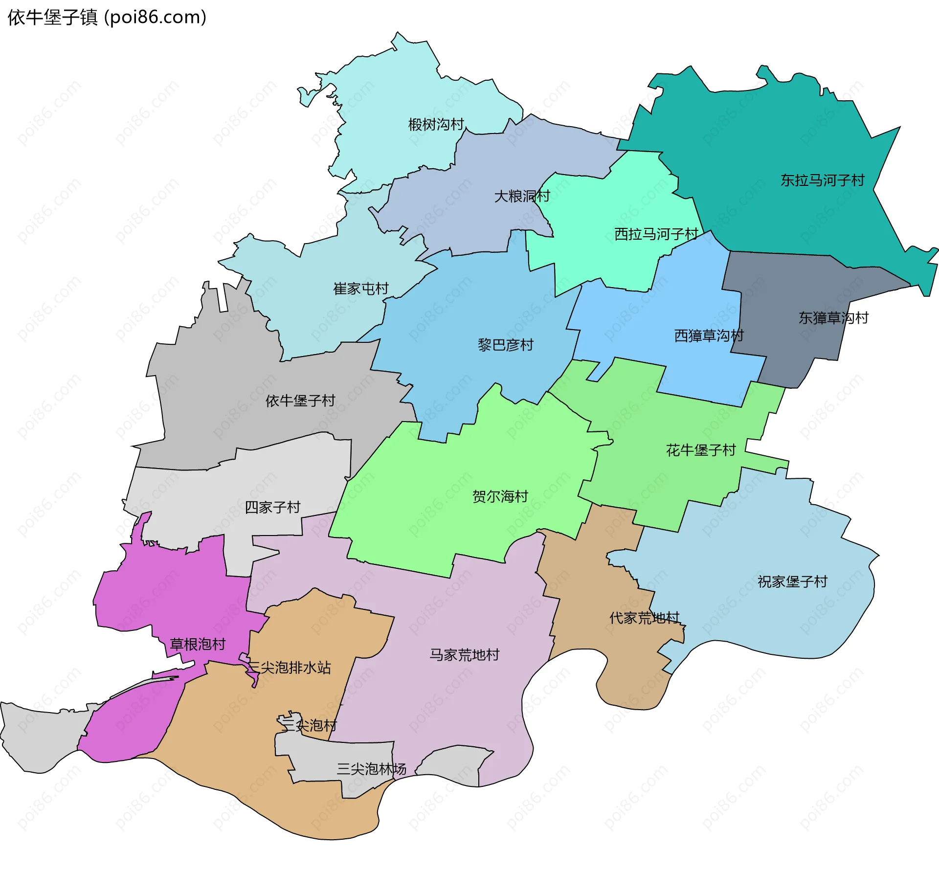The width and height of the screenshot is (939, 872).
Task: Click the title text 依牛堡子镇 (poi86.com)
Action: pyautogui.click(x=107, y=18)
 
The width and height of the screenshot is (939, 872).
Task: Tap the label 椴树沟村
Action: pyautogui.click(x=436, y=125)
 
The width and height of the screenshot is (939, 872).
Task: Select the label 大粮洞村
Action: pyautogui.click(x=522, y=197)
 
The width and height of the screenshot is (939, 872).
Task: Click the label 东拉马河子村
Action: pyautogui.click(x=822, y=180)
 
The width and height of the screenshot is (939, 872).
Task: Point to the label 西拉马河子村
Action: pyautogui.click(x=656, y=234)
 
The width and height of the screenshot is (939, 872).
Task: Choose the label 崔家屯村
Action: pyautogui.click(x=361, y=289)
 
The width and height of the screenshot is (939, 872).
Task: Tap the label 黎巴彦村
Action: pyautogui.click(x=505, y=345)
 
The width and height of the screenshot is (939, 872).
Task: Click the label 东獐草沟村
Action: pyautogui.click(x=833, y=318)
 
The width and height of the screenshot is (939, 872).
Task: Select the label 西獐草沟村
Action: pyautogui.click(x=709, y=336)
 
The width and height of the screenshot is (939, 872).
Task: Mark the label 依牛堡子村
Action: pyautogui.click(x=300, y=401)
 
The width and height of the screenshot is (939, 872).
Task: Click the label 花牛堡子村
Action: pyautogui.click(x=701, y=450)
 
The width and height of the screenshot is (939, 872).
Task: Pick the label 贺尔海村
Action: pyautogui.click(x=500, y=497)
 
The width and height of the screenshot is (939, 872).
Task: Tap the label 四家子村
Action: pyautogui.click(x=272, y=508)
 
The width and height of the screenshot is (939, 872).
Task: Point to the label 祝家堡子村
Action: pyautogui.click(x=792, y=582)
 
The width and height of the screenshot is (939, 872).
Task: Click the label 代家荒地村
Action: pyautogui.click(x=645, y=618)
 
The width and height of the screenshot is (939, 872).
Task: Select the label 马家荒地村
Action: pyautogui.click(x=464, y=655)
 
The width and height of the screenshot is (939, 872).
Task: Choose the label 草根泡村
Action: pyautogui.click(x=198, y=645)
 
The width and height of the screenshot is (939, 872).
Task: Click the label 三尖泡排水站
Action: pyautogui.click(x=290, y=668)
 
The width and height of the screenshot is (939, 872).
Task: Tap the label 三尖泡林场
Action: pyautogui.click(x=371, y=769)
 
